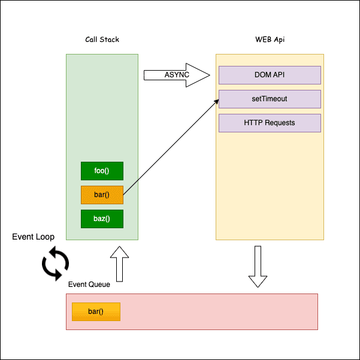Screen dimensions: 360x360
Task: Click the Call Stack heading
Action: pyautogui.click(x=102, y=40)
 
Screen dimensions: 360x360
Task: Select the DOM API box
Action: pyautogui.click(x=270, y=75)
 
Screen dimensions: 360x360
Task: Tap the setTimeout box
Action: pyautogui.click(x=270, y=99)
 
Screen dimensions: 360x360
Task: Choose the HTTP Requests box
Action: pyautogui.click(x=270, y=123)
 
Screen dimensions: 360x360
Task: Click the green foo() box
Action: pyautogui.click(x=102, y=171)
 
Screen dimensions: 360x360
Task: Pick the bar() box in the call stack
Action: pyautogui.click(x=102, y=195)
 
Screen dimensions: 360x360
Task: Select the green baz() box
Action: pyautogui.click(x=102, y=219)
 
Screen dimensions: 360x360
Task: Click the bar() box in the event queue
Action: pyautogui.click(x=96, y=311)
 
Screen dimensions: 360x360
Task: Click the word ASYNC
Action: pyautogui.click(x=177, y=75)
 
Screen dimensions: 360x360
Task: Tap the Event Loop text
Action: pyautogui.click(x=34, y=237)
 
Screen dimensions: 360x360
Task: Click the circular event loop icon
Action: pyautogui.click(x=55, y=265)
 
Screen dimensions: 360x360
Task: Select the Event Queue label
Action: pyautogui.click(x=89, y=285)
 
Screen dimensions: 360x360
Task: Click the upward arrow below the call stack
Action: pyautogui.click(x=120, y=264)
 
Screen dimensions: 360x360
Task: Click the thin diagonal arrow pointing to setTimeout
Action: pyautogui.click(x=171, y=147)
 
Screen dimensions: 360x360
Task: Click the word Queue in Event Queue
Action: pyautogui.click(x=99, y=285)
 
